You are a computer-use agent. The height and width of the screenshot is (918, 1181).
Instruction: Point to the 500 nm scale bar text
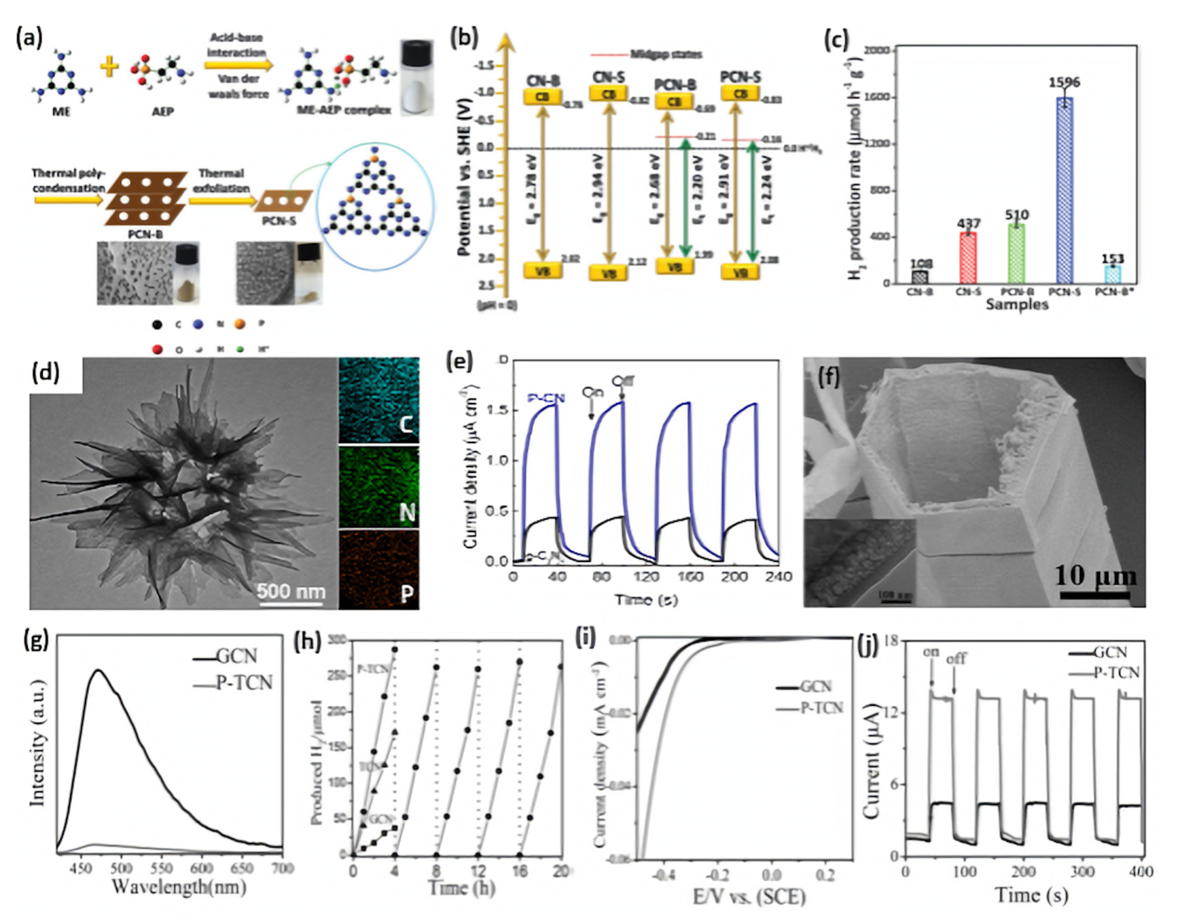291,591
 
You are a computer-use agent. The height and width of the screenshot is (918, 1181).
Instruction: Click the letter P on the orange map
407,594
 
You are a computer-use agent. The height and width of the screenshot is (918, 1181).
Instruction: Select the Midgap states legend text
666,54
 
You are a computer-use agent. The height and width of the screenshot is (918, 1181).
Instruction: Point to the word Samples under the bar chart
1017,304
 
